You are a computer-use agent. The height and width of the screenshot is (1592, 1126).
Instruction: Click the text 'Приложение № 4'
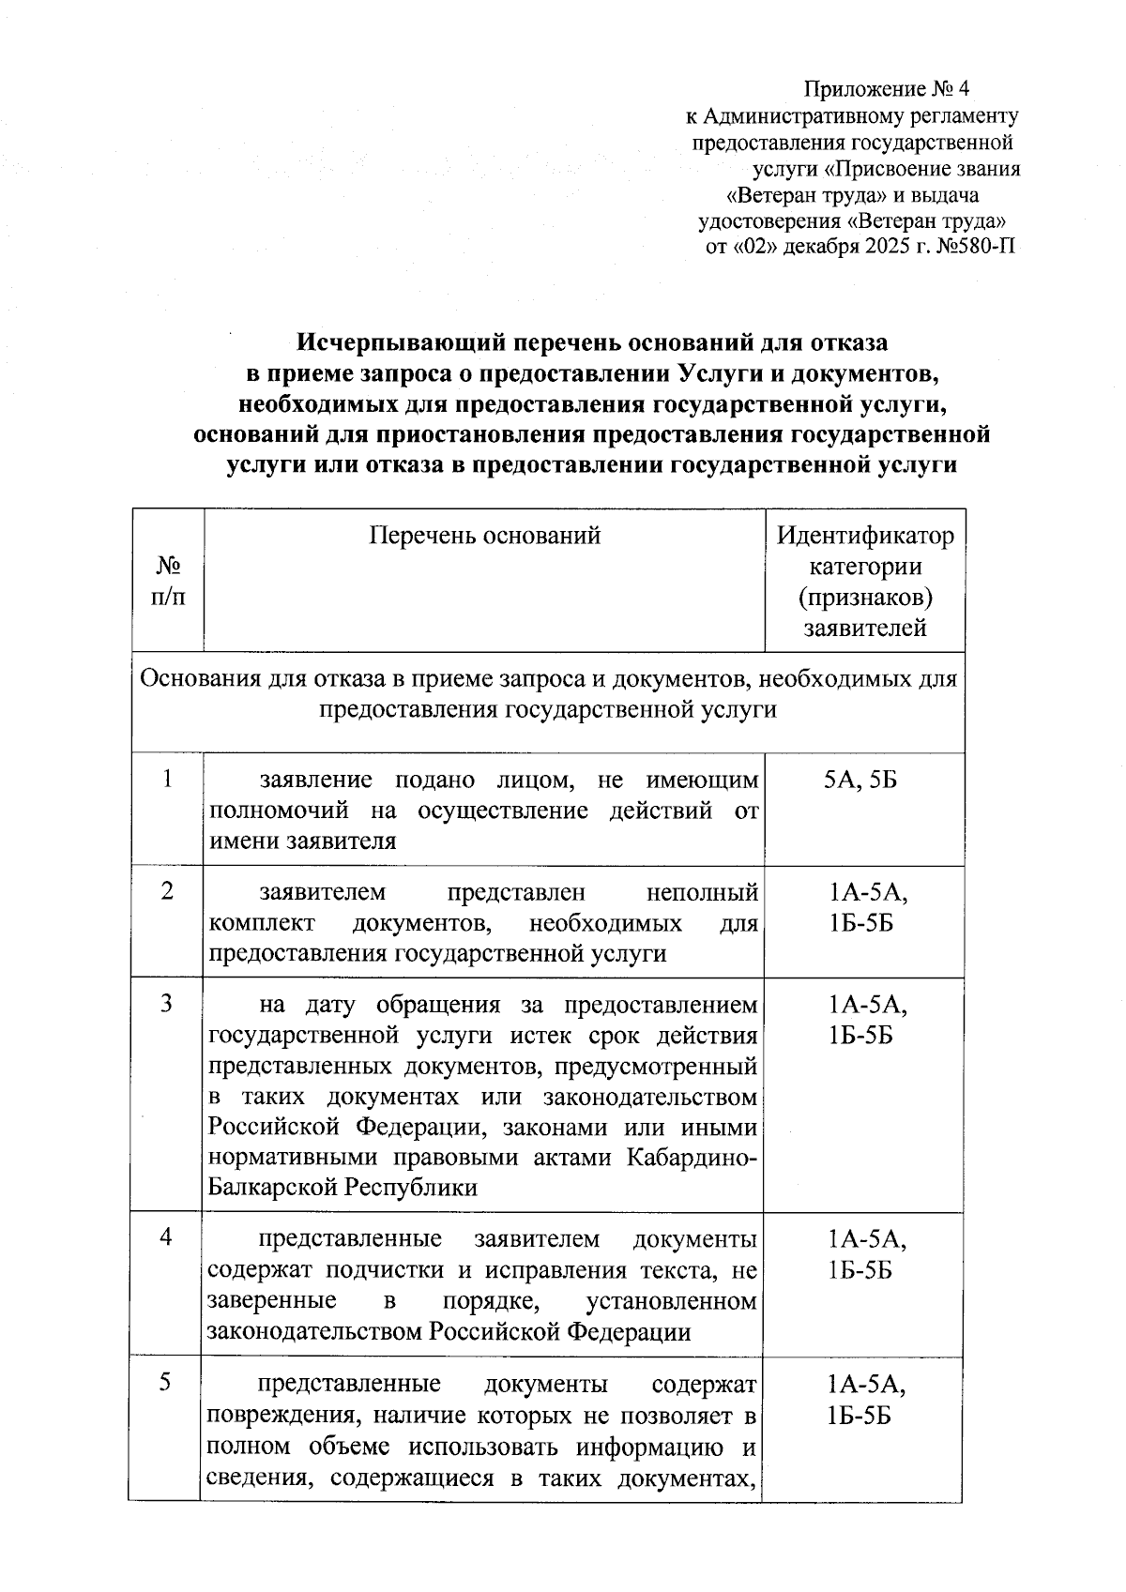pyautogui.click(x=885, y=89)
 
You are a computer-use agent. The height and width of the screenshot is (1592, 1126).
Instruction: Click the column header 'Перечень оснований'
pyautogui.click(x=484, y=535)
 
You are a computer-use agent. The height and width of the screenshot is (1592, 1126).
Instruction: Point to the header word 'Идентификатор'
pyautogui.click(x=865, y=536)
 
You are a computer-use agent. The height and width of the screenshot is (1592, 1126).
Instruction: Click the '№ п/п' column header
pyautogui.click(x=168, y=582)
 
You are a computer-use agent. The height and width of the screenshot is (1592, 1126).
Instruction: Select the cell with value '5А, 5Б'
pyautogui.click(x=860, y=780)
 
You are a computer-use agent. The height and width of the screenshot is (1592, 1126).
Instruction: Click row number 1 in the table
pyautogui.click(x=167, y=779)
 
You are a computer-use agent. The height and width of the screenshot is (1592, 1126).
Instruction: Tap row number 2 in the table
pyautogui.click(x=167, y=891)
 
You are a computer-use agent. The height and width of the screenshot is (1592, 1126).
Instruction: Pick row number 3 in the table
pyautogui.click(x=167, y=1004)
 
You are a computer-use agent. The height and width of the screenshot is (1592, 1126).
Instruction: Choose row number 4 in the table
pyautogui.click(x=166, y=1237)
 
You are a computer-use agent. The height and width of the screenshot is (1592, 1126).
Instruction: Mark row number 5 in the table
pyautogui.click(x=166, y=1382)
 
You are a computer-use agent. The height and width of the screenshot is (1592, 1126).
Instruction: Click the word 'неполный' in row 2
pyautogui.click(x=702, y=892)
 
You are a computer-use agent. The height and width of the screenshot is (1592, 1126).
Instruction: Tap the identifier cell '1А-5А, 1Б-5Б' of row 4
pyautogui.click(x=865, y=1255)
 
